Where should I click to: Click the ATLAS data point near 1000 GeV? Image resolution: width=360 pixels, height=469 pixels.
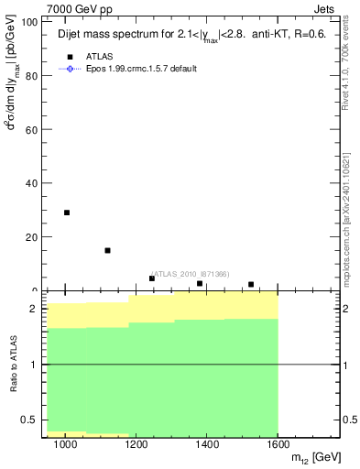(x=67, y=213)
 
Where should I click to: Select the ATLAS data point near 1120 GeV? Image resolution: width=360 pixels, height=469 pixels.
(x=108, y=250)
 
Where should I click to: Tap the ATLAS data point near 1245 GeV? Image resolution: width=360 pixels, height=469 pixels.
(x=152, y=278)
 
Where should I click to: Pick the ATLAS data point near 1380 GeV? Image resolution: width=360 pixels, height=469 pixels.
(x=200, y=284)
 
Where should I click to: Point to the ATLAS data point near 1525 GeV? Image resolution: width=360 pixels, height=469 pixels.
(x=251, y=285)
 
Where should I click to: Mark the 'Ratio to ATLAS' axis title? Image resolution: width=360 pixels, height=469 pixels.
(x=13, y=364)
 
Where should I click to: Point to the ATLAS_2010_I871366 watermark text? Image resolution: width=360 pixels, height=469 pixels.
(x=190, y=274)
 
